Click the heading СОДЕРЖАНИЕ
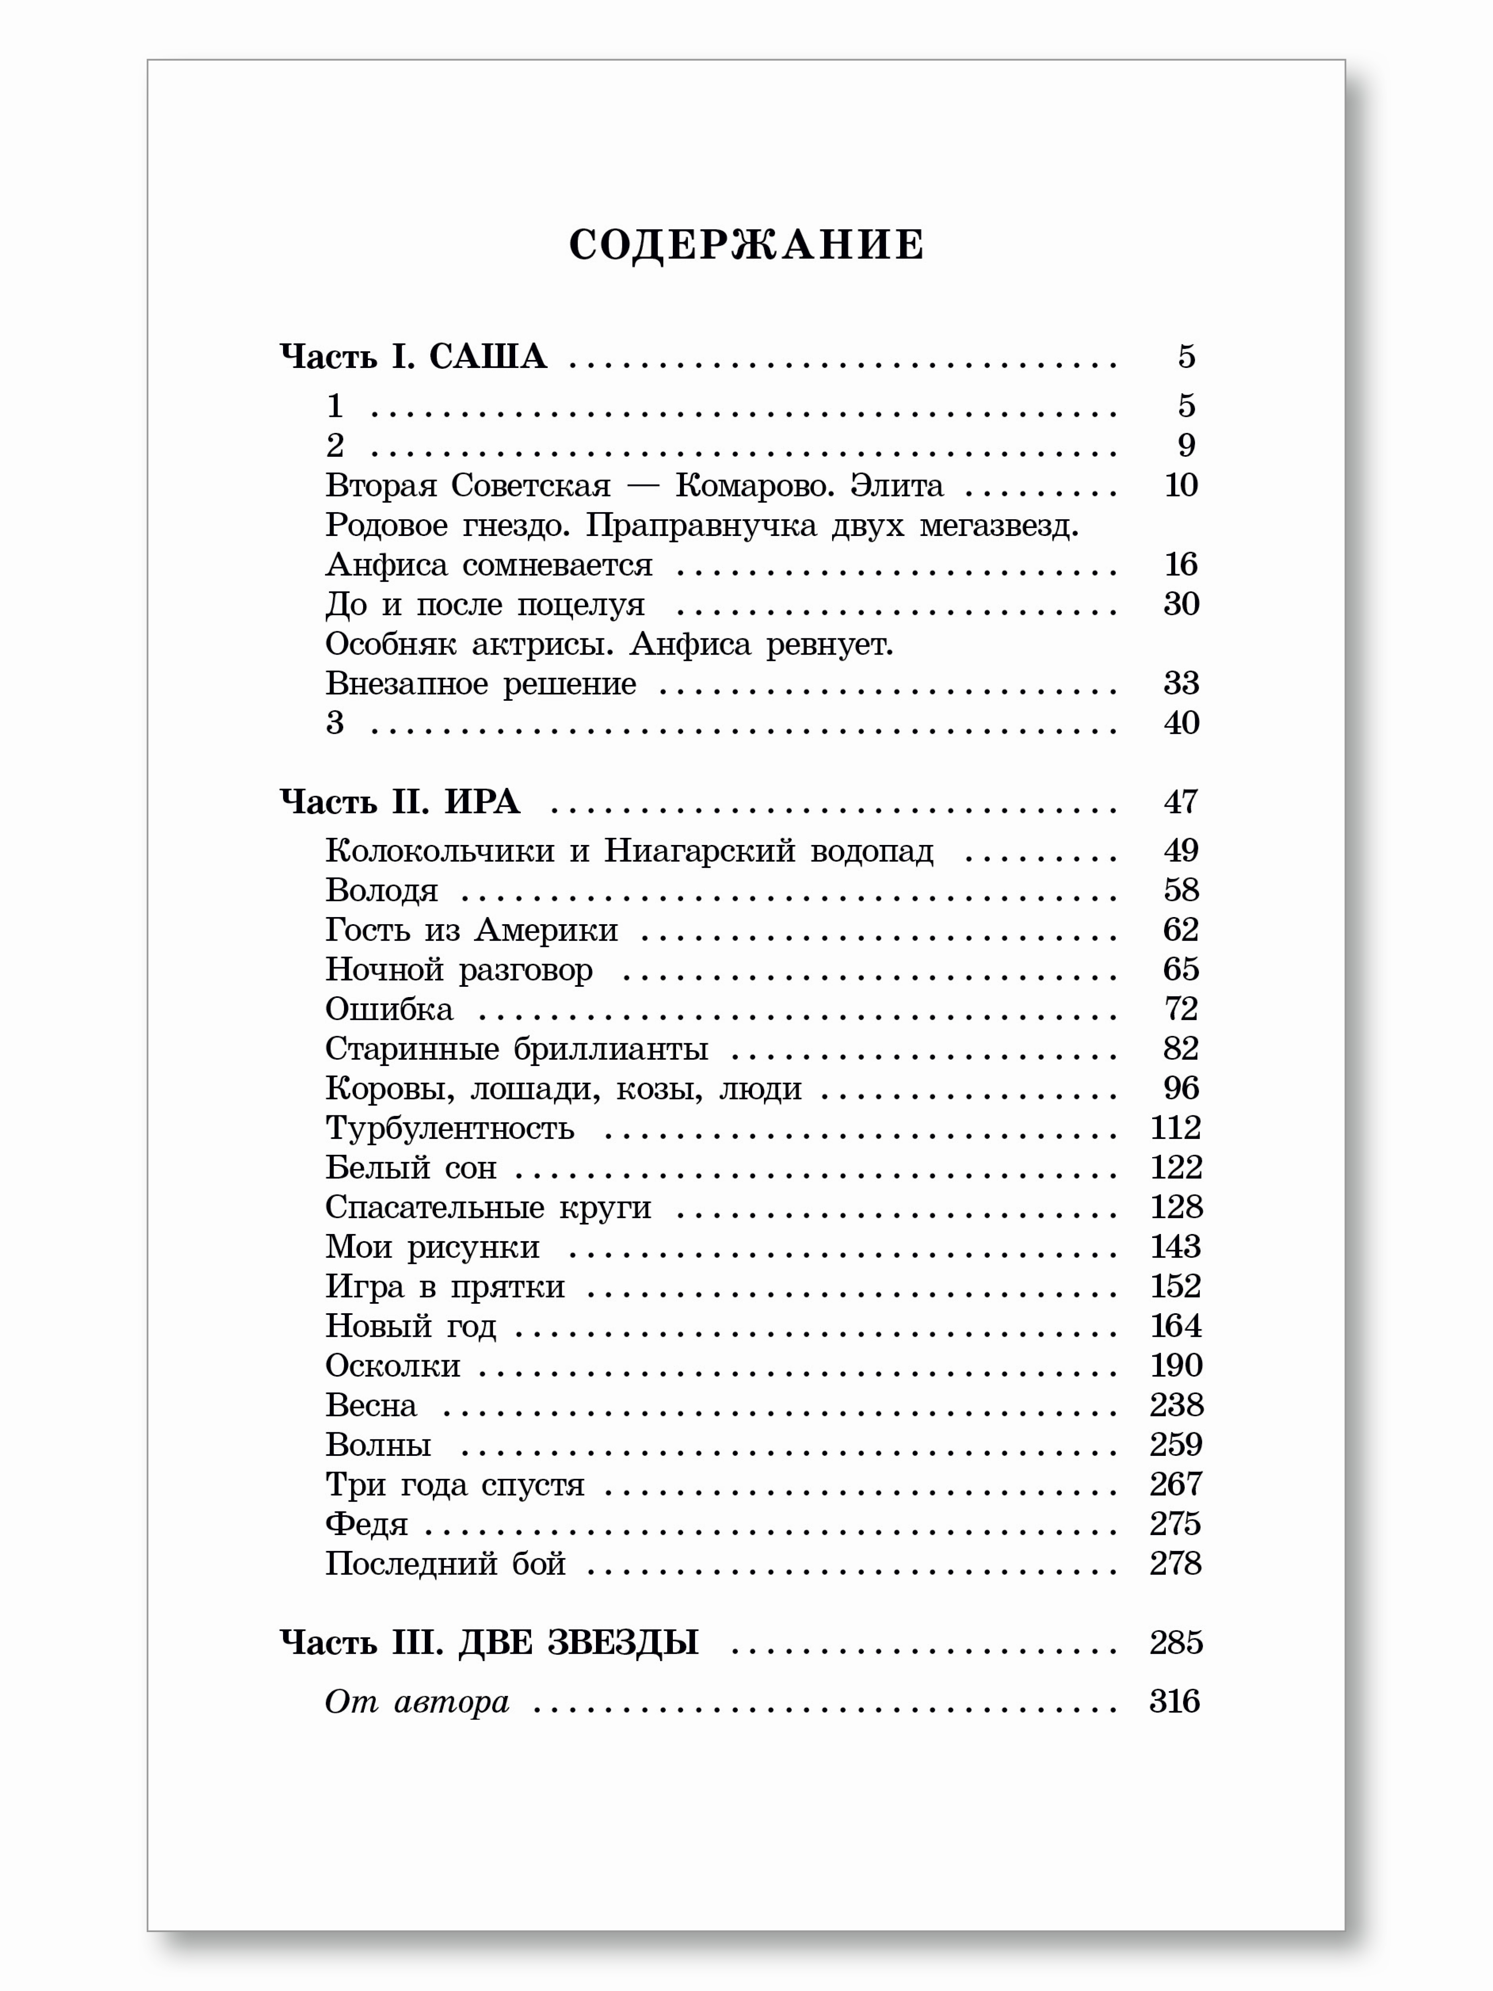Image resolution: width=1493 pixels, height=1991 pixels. (746, 245)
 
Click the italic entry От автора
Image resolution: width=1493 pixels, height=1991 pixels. (417, 1701)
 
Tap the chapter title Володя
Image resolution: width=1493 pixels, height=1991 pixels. (381, 890)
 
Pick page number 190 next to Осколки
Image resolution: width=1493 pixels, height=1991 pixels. (1175, 1365)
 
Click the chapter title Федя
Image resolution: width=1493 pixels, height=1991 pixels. (366, 1524)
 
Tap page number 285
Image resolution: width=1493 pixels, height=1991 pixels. (1175, 1643)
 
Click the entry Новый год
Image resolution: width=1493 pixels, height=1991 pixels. (410, 1326)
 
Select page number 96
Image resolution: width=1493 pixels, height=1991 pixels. (1181, 1088)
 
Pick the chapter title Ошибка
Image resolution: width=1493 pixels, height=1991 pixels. (389, 1009)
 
